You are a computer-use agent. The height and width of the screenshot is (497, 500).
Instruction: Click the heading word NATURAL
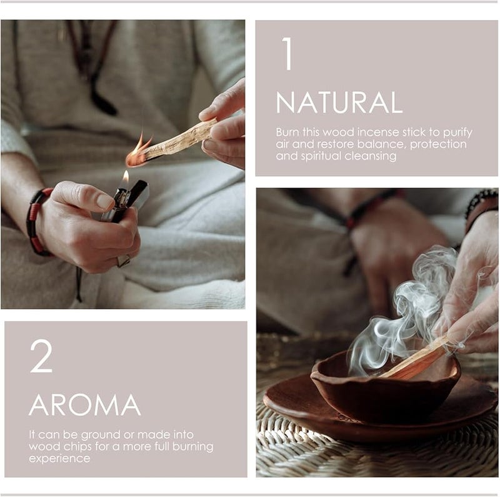339,103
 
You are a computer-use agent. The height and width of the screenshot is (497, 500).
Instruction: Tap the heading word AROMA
84,406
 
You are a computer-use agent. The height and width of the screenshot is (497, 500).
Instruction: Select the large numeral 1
287,54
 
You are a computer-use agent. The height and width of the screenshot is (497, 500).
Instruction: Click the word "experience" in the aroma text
59,459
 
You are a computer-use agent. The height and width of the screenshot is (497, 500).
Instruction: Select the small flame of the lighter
125,178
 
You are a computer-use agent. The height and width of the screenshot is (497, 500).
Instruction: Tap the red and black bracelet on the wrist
35,221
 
